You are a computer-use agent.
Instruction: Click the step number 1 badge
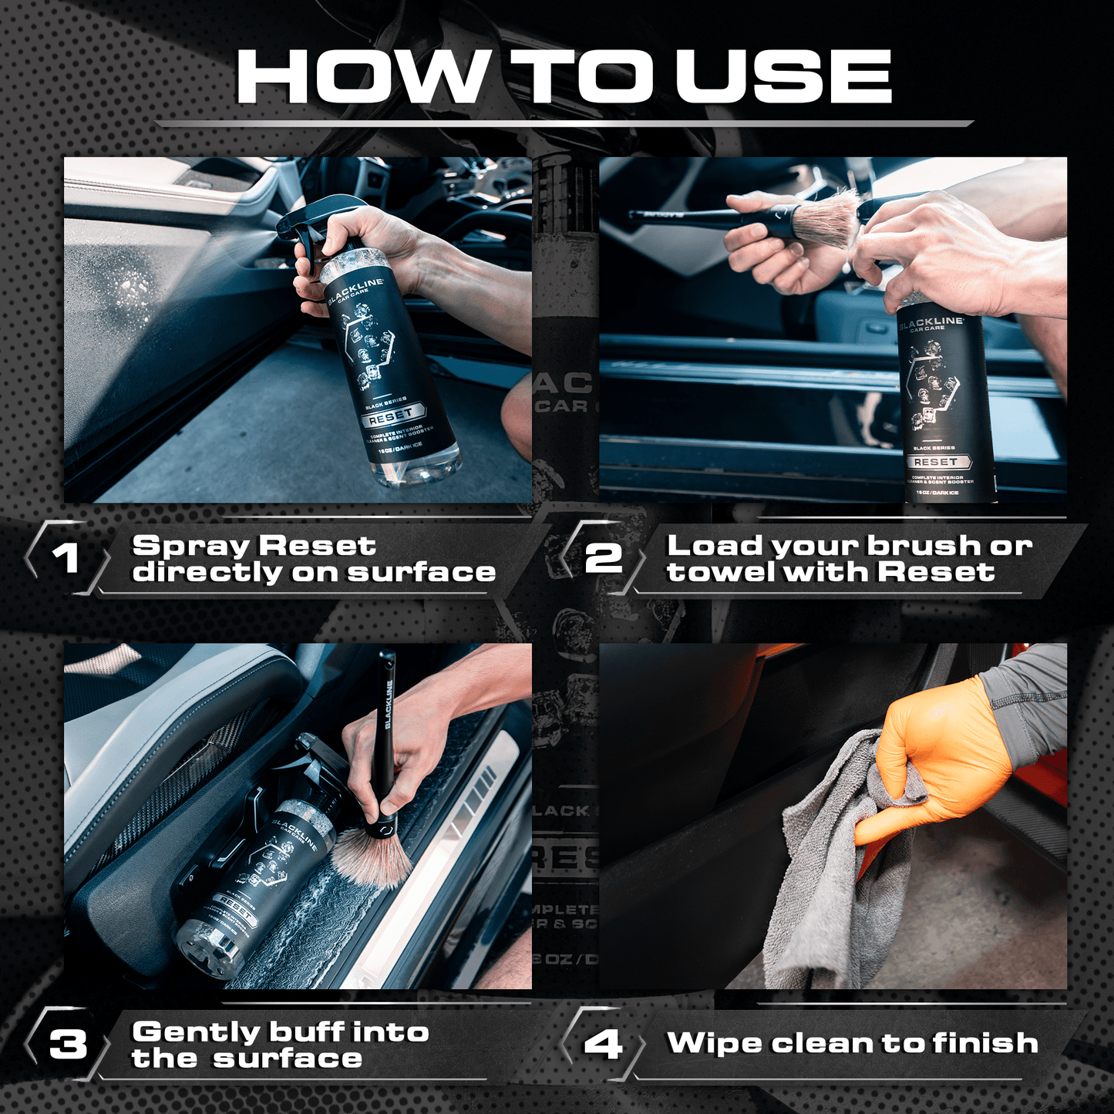66,557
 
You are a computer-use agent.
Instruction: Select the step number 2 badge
602,557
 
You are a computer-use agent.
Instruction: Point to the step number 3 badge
68,1045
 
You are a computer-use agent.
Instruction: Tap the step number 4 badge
602,1045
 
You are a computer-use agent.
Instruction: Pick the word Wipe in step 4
715,1043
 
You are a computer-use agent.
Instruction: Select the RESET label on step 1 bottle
391,416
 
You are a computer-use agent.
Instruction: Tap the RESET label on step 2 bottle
935,461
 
